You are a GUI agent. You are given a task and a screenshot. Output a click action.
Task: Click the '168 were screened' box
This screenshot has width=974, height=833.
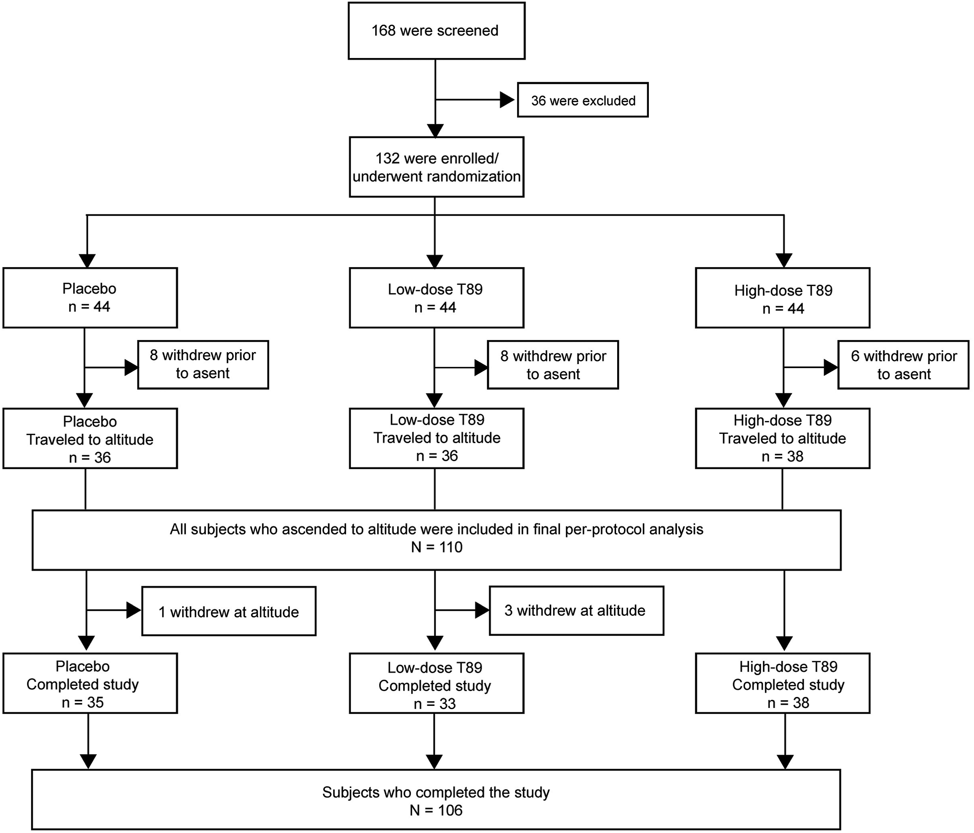pyautogui.click(x=436, y=31)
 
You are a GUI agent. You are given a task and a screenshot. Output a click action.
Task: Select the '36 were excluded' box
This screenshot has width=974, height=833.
pyautogui.click(x=583, y=100)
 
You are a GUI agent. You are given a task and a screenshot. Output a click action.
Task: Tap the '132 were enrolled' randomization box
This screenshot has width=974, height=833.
pyautogui.click(x=436, y=167)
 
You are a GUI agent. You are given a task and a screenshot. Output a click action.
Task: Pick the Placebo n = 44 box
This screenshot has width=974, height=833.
pyautogui.click(x=90, y=297)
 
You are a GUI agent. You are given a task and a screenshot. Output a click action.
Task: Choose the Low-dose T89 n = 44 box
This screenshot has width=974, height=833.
pyautogui.click(x=436, y=297)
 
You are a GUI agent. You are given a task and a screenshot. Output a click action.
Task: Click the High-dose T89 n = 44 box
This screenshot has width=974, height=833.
pyautogui.click(x=783, y=297)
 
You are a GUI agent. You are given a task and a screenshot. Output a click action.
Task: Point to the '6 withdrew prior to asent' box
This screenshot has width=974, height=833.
pyautogui.click(x=903, y=365)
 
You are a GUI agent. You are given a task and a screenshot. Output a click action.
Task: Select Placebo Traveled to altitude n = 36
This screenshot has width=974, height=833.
pyautogui.click(x=90, y=438)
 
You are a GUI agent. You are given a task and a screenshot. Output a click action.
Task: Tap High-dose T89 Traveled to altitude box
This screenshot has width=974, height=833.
pyautogui.click(x=783, y=438)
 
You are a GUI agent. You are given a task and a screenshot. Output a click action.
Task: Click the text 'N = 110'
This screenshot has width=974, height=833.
pyautogui.click(x=437, y=547)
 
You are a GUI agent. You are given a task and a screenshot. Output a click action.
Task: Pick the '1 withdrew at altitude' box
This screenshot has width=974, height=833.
pyautogui.click(x=229, y=611)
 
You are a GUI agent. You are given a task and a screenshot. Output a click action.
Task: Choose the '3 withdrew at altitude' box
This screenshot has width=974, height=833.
pyautogui.click(x=576, y=611)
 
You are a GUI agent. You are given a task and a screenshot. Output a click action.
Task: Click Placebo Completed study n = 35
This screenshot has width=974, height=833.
pyautogui.click(x=90, y=684)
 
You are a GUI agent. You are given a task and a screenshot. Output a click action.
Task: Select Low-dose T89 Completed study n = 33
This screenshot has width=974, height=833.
pyautogui.click(x=436, y=684)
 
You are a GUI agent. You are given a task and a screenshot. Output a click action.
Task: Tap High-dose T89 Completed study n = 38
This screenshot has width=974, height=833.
pyautogui.click(x=783, y=684)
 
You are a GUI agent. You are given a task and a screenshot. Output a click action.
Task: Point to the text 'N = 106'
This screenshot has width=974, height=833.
pyautogui.click(x=436, y=810)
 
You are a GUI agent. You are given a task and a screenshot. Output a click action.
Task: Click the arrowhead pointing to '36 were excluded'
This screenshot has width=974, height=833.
pyautogui.click(x=507, y=100)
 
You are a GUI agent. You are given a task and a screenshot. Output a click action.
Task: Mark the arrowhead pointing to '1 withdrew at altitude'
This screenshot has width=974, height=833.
pyautogui.click(x=134, y=610)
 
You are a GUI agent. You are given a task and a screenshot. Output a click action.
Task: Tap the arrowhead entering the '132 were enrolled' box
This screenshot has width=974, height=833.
pyautogui.click(x=435, y=130)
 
